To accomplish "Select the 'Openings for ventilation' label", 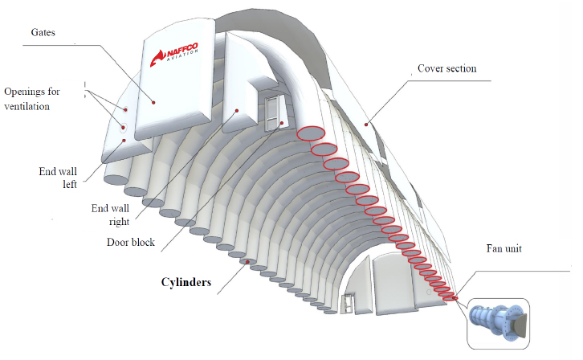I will click(x=43, y=97).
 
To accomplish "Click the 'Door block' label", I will click(x=131, y=241).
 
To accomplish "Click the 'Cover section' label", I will click(x=446, y=68).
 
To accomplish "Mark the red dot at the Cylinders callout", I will click(x=249, y=262).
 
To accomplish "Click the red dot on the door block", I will click(x=282, y=123).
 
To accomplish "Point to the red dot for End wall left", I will click(x=124, y=141).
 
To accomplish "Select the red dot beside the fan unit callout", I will click(x=455, y=299).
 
